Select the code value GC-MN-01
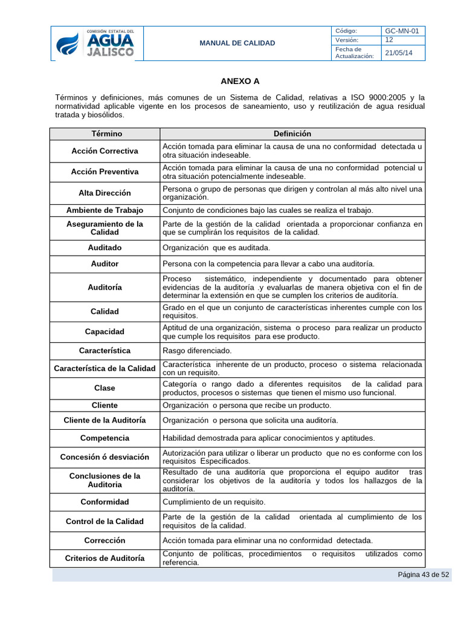pos(404,31)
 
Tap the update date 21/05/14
pos(399,53)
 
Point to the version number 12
pos(390,40)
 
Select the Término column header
pos(106,134)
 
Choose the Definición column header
pos(292,134)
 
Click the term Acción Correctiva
pos(105,151)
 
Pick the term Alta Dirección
pos(105,193)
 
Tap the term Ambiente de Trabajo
pos(105,210)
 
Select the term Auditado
pos(105,247)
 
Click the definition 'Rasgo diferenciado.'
pos(197,351)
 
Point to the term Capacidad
pos(105,332)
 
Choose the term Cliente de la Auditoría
pos(105,420)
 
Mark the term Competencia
pos(105,438)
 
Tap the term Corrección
pos(105,540)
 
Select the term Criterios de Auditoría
pos(105,559)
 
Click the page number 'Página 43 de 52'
pos(423,575)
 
